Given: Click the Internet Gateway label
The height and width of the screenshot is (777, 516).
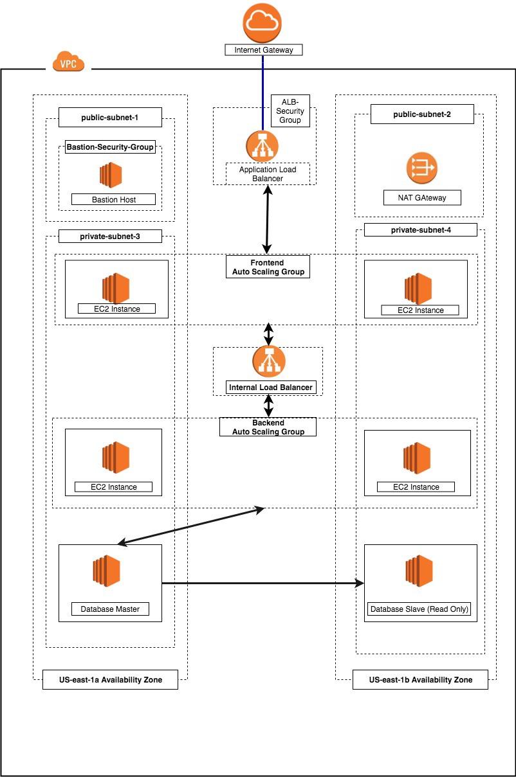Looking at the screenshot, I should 263,49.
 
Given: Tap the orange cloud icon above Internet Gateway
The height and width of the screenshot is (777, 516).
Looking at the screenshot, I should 263,22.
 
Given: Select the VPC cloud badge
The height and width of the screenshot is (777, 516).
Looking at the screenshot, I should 69,62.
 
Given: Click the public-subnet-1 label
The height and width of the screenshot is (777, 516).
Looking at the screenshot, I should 109,118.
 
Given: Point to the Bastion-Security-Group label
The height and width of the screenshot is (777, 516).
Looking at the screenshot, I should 110,147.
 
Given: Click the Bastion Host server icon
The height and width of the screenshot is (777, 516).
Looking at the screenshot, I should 110,175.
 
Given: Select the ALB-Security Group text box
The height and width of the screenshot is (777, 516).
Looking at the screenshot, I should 290,111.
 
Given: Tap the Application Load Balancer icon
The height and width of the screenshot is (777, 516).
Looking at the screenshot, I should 263,146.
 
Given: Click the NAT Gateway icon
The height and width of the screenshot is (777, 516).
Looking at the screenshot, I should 421,168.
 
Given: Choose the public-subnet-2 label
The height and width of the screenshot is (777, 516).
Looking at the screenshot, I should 422,114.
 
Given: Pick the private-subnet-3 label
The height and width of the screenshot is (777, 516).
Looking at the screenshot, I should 110,237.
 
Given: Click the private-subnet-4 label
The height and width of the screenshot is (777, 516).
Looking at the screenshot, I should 420,230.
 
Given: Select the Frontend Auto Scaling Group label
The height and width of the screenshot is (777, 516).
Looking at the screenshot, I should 268,267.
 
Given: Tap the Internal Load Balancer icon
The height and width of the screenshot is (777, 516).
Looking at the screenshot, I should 269,362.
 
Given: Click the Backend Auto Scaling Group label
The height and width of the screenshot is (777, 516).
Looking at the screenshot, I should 268,427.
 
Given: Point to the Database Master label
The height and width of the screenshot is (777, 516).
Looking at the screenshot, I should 110,609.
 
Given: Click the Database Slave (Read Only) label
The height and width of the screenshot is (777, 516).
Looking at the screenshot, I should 419,609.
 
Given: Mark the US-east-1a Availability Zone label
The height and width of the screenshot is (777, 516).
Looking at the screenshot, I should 110,680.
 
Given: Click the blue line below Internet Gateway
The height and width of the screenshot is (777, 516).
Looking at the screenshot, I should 263,90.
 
